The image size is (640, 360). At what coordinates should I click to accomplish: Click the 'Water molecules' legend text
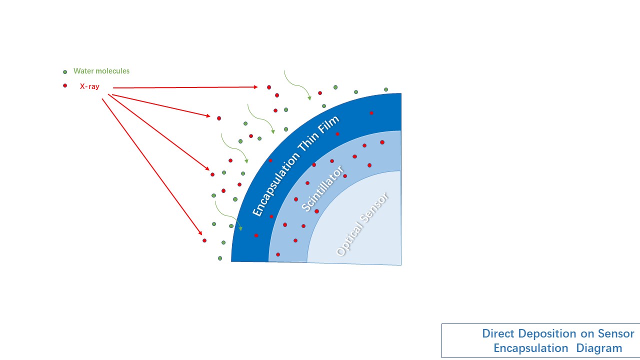[x=101, y=71]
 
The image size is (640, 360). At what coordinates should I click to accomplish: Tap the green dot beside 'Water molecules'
[x=65, y=72]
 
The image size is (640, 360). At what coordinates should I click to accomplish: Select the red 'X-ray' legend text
[x=89, y=86]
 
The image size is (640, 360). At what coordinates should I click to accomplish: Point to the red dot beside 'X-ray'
[x=65, y=85]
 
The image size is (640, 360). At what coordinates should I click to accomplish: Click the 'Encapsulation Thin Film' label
[x=295, y=165]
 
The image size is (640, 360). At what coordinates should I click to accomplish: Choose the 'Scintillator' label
[x=323, y=189]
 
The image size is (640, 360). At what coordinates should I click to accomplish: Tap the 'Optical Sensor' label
[x=362, y=224]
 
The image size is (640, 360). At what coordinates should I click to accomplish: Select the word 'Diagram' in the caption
[x=599, y=348]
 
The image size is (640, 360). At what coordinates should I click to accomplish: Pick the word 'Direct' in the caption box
[x=498, y=333]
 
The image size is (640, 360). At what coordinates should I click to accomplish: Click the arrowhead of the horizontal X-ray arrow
[x=255, y=87]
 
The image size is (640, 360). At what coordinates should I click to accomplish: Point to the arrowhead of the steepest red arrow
[x=200, y=232]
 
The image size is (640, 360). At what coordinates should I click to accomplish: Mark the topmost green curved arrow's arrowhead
[x=309, y=98]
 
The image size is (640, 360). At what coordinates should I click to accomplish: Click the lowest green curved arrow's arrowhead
[x=240, y=228]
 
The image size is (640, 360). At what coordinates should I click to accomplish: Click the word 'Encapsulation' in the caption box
[x=531, y=348]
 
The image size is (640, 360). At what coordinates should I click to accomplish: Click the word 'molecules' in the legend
[x=113, y=71]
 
